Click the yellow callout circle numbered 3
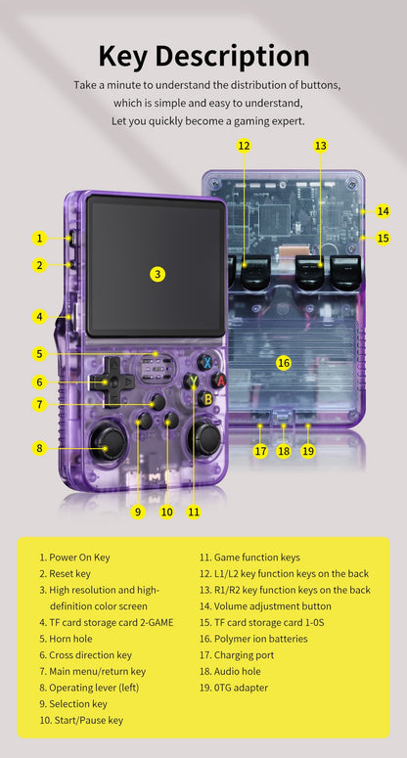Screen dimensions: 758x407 click(158, 274)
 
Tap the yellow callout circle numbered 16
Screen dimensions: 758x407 click(284, 363)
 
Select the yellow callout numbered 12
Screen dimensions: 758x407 click(244, 146)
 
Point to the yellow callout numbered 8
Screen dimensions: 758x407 click(40, 448)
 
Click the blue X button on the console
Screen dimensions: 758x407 click(206, 361)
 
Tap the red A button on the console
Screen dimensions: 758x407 click(221, 379)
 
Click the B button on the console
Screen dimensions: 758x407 click(206, 398)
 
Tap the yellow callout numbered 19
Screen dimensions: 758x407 click(307, 451)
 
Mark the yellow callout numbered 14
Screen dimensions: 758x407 click(383, 211)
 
